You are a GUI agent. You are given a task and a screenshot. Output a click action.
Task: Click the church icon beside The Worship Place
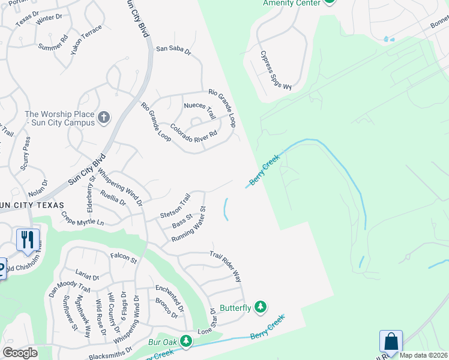point(104,118)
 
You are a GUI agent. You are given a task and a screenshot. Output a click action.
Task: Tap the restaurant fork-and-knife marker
point(28,240)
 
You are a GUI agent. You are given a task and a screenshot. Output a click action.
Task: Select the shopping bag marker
point(391,342)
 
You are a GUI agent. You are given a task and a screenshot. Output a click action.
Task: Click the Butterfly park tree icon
point(260,307)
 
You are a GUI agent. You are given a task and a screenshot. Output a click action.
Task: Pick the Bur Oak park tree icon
point(187,341)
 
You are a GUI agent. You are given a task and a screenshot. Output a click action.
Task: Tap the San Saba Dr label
point(173,50)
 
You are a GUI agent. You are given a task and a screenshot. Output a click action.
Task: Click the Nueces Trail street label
point(199,110)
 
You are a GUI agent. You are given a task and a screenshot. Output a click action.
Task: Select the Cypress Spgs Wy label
point(276,70)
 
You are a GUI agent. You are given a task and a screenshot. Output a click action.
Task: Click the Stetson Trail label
point(175,206)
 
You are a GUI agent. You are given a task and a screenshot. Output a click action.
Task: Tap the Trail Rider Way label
point(226,266)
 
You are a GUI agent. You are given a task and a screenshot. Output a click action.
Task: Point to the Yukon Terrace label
point(86,40)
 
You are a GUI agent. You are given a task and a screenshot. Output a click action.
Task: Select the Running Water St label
point(189,225)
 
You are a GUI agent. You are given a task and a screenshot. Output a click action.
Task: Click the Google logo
point(20,353)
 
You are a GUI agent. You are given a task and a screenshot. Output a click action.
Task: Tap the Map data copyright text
point(423,355)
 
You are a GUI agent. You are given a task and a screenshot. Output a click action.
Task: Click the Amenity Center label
point(291,3)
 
